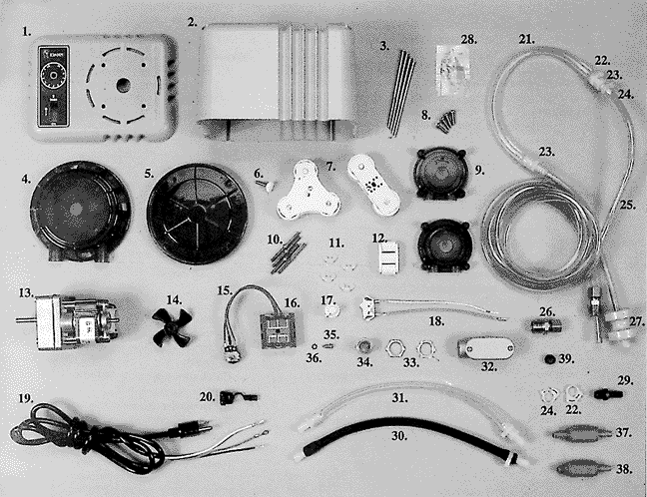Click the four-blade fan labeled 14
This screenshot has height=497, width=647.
click(x=172, y=327)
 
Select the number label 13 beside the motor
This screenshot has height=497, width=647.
click(x=26, y=292)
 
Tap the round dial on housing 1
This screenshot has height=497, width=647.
click(x=53, y=76)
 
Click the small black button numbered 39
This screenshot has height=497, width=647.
click(x=549, y=359)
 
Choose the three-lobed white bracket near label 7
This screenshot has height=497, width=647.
click(x=308, y=191)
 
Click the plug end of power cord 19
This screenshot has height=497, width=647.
click(x=191, y=429)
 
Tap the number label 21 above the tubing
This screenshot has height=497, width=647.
click(x=526, y=40)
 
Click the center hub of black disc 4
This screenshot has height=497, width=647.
click(x=76, y=210)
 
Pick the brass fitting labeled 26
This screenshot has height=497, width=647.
click(x=546, y=326)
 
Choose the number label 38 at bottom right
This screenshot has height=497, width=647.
click(x=623, y=469)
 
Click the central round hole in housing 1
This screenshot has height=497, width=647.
click(x=123, y=86)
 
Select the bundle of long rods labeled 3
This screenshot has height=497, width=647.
click(x=400, y=93)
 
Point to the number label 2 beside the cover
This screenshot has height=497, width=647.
click(x=192, y=22)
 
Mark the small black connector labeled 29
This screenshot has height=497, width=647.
click(x=609, y=395)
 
